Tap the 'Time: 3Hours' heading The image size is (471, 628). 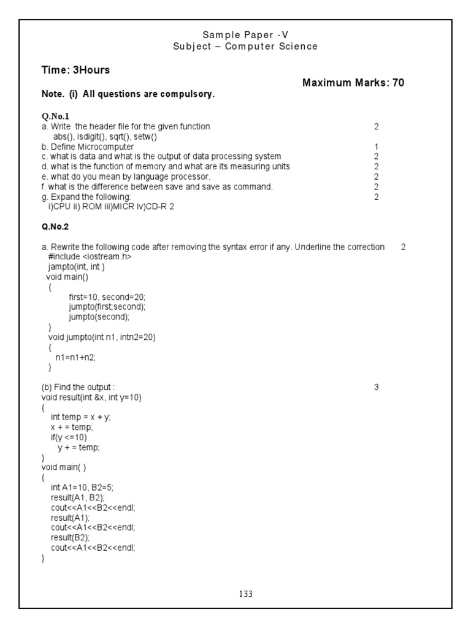click(x=75, y=70)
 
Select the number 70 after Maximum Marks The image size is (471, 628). click(x=398, y=83)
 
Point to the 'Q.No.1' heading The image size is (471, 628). click(x=56, y=116)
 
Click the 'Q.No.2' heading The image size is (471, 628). click(x=56, y=226)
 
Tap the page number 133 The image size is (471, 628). click(x=245, y=594)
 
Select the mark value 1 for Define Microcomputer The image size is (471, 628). click(x=376, y=147)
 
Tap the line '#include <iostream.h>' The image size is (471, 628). click(x=90, y=257)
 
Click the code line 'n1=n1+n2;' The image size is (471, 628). click(x=76, y=357)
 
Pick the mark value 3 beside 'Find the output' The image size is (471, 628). click(x=376, y=387)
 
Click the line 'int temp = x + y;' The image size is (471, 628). click(x=81, y=417)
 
